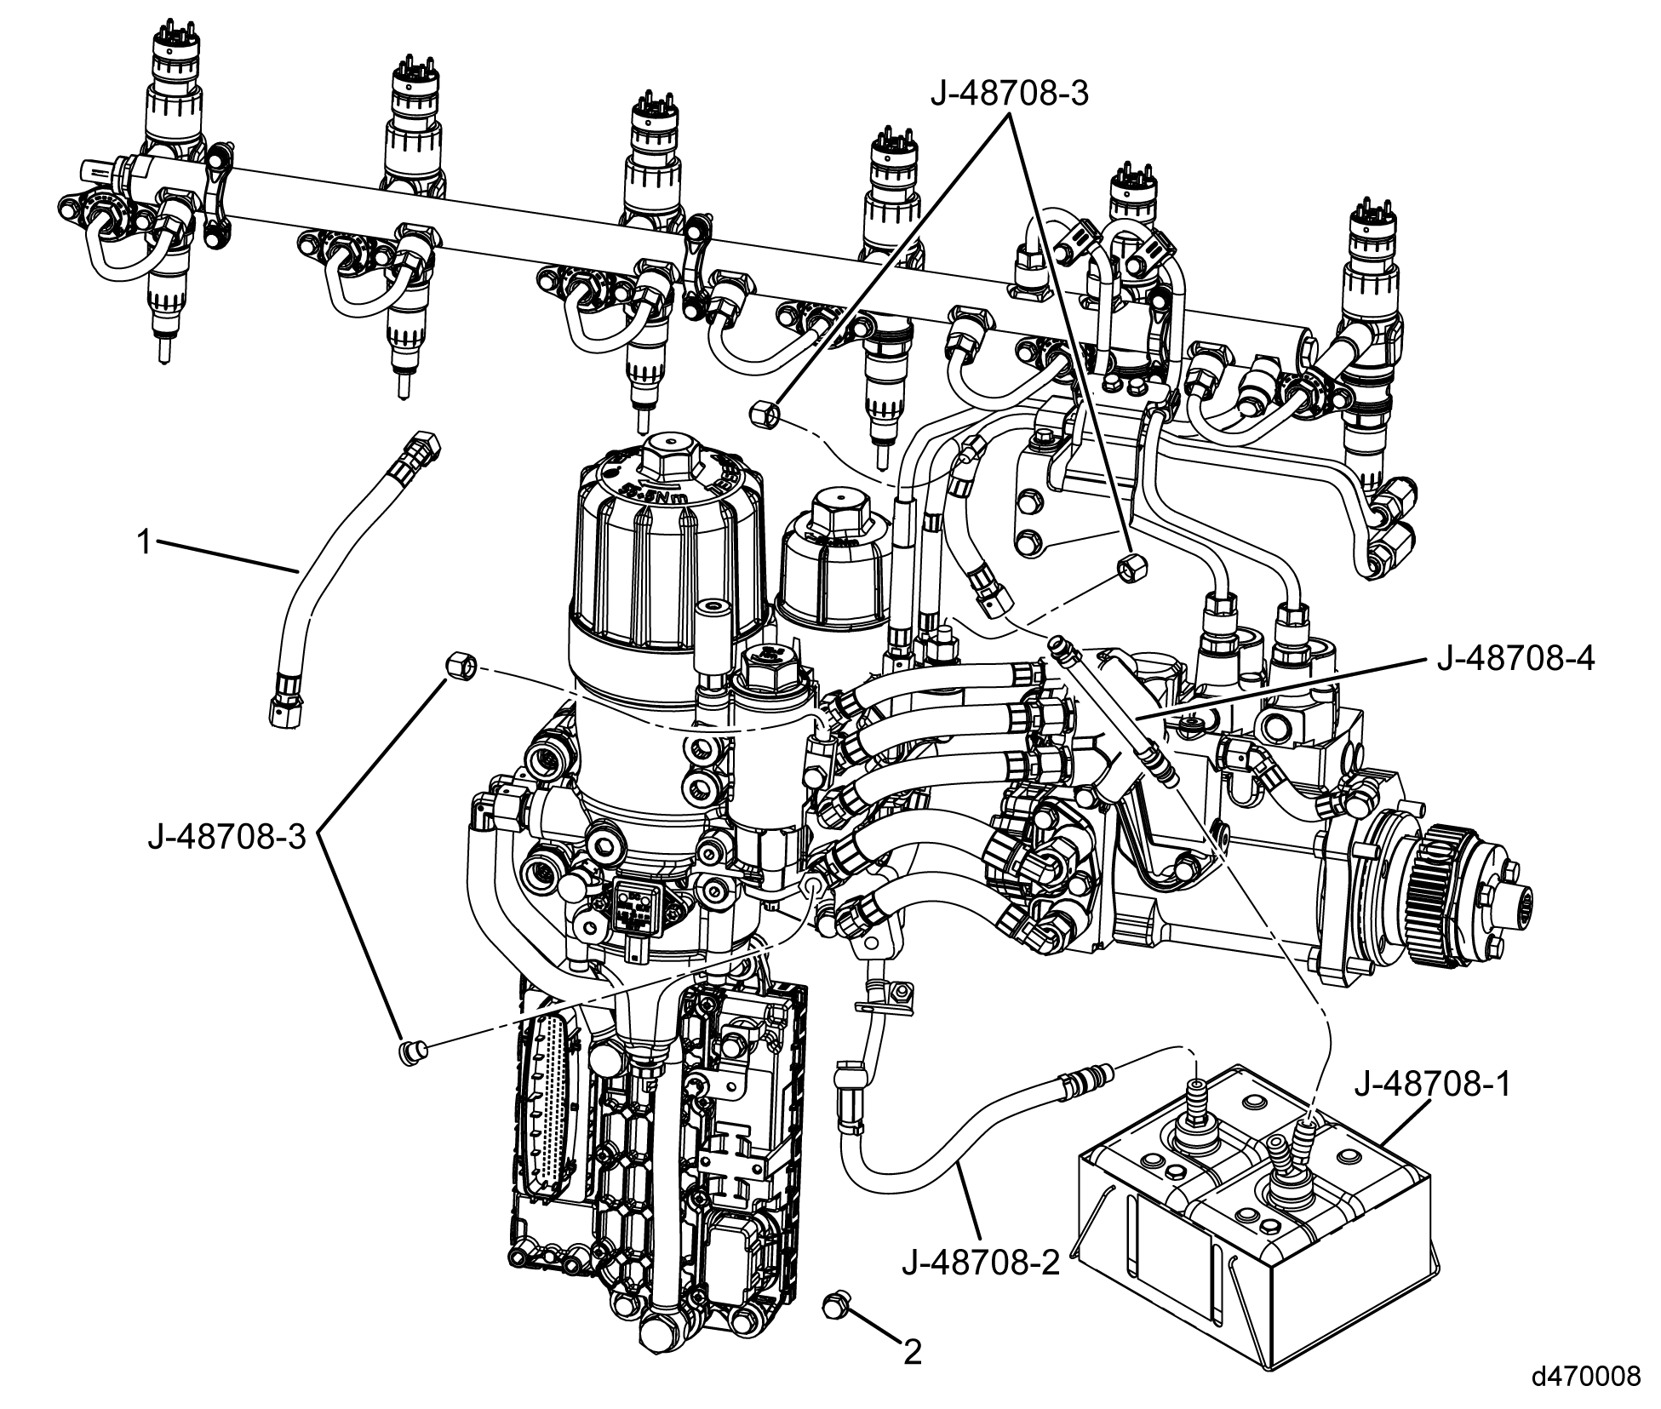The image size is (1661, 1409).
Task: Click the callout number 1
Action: [x=146, y=542]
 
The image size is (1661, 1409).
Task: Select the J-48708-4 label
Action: [x=1515, y=660]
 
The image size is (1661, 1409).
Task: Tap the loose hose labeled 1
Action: [x=341, y=579]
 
